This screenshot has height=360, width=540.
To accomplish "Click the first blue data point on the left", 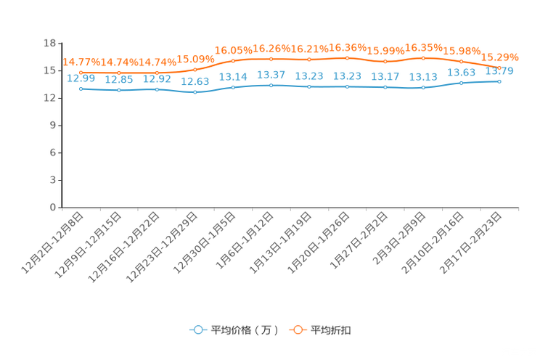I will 81,89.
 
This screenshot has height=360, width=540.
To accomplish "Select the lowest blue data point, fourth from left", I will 195,93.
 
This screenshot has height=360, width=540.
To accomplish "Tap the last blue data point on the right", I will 499,81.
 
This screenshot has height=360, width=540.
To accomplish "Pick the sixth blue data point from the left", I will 271,85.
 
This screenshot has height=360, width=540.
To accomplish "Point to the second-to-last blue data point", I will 461,83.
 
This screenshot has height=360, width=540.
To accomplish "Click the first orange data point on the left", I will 81,72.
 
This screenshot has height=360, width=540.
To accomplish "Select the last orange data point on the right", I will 499,68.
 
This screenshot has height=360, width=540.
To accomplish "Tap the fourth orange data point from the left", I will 195,70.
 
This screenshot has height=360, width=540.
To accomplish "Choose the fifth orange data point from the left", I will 233,60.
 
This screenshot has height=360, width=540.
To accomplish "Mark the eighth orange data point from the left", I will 347,58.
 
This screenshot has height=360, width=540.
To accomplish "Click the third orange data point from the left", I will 157,73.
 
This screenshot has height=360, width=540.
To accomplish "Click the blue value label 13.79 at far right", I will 499,71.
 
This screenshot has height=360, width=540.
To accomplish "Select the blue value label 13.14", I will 233,75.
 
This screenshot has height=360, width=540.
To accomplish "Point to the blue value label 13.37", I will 271,74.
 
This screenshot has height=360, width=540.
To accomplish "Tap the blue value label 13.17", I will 385,75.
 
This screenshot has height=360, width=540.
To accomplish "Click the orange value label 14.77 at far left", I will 74,62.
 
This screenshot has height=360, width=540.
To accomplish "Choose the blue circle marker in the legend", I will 197,330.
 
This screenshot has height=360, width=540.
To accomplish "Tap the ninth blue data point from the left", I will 385,86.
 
